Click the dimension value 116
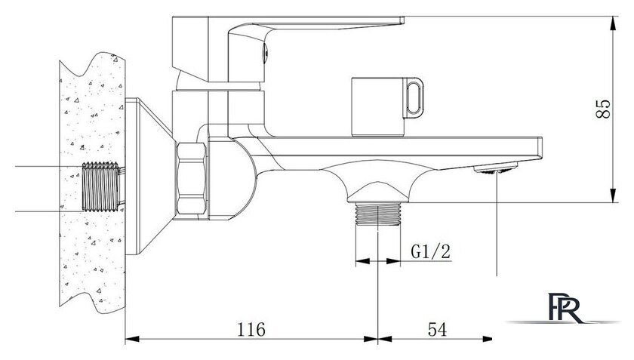point(251,329)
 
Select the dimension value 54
point(438,329)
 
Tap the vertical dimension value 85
point(603,109)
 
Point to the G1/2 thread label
point(430,251)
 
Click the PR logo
point(565,308)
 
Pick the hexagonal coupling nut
point(191,178)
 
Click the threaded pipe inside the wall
point(101,186)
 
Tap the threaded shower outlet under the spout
point(377,214)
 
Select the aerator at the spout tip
point(496,168)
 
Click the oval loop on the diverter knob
point(414,98)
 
